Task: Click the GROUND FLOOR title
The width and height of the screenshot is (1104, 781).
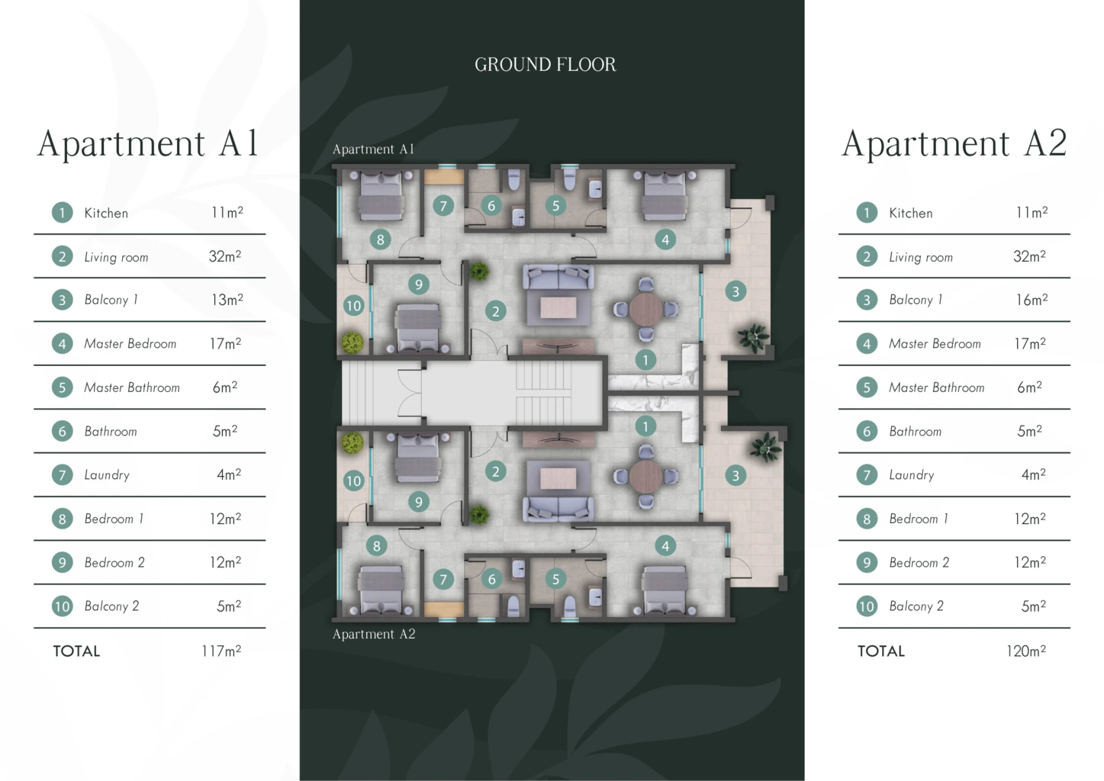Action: pyautogui.click(x=545, y=65)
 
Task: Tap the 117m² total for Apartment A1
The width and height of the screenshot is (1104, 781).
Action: pyautogui.click(x=221, y=651)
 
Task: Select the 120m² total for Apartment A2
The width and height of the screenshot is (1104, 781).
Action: pyautogui.click(x=1026, y=651)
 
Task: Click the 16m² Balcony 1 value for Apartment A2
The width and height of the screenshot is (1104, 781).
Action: pyautogui.click(x=1032, y=300)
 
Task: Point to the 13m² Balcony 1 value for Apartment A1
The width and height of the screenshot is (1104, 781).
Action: pyautogui.click(x=227, y=300)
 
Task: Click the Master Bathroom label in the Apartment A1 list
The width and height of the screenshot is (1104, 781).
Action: pyautogui.click(x=132, y=387)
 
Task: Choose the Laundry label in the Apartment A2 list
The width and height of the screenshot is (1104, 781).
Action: pyautogui.click(x=912, y=475)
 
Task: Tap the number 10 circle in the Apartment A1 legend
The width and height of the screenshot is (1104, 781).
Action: pyautogui.click(x=62, y=606)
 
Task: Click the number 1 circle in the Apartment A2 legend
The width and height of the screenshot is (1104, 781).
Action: pyautogui.click(x=867, y=213)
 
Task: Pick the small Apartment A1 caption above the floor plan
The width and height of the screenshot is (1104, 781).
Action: pyautogui.click(x=374, y=149)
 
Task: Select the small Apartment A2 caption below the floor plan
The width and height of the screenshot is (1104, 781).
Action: pyautogui.click(x=374, y=634)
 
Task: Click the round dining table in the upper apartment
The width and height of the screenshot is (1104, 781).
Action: pyautogui.click(x=645, y=310)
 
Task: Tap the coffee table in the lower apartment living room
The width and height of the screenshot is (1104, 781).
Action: pyautogui.click(x=558, y=478)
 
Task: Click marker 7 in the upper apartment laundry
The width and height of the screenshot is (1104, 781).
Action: pyautogui.click(x=443, y=205)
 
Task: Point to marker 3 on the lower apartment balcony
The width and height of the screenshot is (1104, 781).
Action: pyautogui.click(x=735, y=475)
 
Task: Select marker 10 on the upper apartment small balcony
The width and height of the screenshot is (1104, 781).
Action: pyautogui.click(x=354, y=306)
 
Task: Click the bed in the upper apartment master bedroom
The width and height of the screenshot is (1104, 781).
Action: pyautogui.click(x=665, y=196)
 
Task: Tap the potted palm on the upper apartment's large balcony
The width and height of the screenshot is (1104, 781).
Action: pyautogui.click(x=753, y=338)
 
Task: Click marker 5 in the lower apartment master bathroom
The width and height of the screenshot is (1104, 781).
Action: pyautogui.click(x=555, y=579)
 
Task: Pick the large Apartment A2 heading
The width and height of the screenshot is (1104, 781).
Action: pyautogui.click(x=954, y=143)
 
